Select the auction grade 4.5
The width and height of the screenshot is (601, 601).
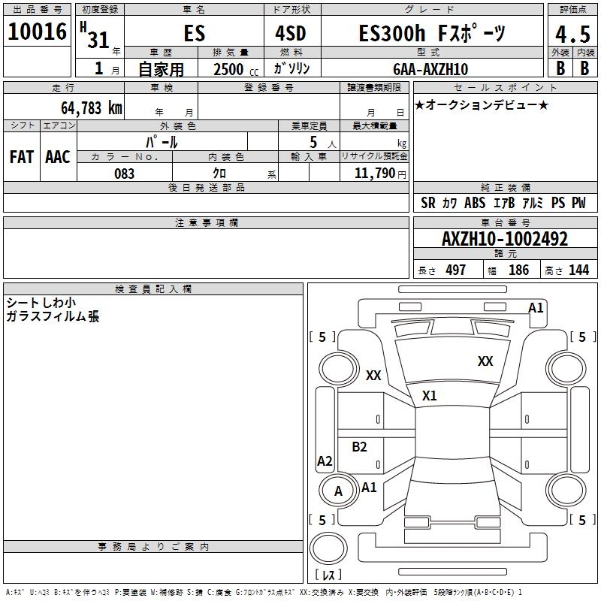572,35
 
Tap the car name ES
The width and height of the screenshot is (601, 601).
194,34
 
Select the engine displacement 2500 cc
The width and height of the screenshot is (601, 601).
228,69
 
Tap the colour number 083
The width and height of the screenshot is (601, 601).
124,173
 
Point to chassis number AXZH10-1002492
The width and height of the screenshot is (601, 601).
505,239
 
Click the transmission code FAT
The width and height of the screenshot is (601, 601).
21,156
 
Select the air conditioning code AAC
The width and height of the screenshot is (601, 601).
57,156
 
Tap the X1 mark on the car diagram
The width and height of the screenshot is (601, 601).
429,395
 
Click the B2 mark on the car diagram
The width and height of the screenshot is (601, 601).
359,447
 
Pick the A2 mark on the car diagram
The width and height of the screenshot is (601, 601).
325,461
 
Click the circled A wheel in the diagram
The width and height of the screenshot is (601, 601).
338,491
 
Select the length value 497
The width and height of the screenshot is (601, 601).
455,270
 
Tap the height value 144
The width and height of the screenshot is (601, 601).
578,270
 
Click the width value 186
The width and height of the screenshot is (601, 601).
518,270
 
